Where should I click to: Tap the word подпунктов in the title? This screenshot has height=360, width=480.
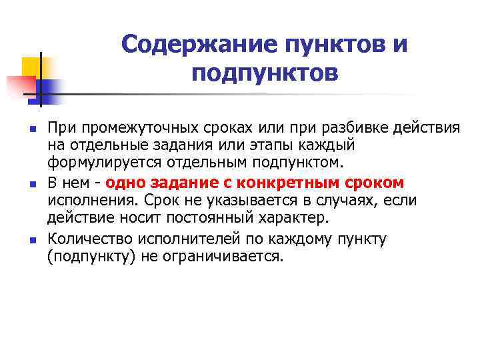[265, 73]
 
